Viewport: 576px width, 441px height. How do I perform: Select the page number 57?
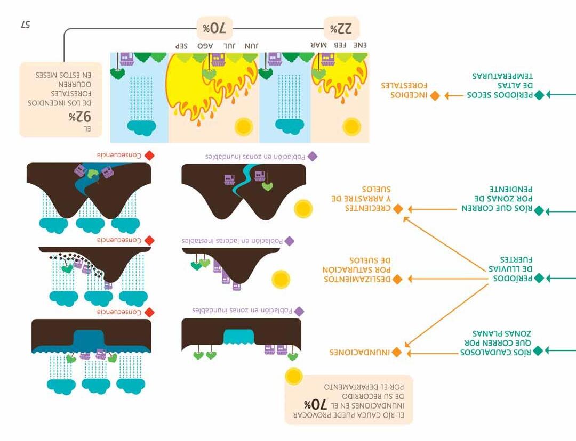coord(26,24)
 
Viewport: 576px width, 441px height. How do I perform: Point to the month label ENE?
coord(360,46)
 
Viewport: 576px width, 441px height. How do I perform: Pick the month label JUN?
coord(251,46)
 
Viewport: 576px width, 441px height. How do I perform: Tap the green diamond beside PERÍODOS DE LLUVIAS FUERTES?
coord(539,278)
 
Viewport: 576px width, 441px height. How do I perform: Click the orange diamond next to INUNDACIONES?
coord(397,353)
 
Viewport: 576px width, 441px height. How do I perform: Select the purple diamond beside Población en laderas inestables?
coord(290,241)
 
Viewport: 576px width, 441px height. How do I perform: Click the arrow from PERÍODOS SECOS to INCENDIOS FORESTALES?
coord(454,96)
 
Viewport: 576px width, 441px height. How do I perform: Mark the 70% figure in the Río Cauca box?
coord(314,404)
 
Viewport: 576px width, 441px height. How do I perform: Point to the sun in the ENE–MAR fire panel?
coord(351,127)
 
